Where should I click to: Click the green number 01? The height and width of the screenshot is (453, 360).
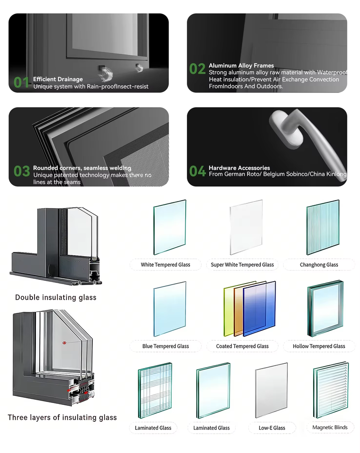point(21,82)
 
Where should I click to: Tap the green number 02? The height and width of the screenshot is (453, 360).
point(197,69)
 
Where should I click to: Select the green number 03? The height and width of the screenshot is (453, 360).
point(22,171)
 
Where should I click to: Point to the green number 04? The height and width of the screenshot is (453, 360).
point(197,171)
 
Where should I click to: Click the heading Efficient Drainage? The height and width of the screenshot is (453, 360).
point(58,79)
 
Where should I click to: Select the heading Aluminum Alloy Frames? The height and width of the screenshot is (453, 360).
point(241,66)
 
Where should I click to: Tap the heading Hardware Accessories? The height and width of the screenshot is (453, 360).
point(239,168)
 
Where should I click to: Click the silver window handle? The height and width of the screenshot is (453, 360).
point(306,139)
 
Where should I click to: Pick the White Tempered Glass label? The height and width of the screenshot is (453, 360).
point(166,265)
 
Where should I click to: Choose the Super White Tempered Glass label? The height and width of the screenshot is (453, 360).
point(242,265)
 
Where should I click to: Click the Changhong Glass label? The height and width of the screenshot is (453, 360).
point(319,265)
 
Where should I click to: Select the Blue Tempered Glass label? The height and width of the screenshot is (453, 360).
point(166,346)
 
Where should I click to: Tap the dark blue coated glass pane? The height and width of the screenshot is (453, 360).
point(260,309)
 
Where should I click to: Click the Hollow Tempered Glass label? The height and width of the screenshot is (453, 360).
point(319,346)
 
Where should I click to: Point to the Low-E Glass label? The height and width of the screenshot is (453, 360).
point(272,428)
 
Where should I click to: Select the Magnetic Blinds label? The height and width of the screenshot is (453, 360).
point(330,428)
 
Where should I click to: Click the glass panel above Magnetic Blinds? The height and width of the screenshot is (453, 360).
point(331,390)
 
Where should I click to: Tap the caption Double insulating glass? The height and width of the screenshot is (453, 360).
point(56,297)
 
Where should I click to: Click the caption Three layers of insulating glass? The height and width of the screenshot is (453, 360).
point(62,418)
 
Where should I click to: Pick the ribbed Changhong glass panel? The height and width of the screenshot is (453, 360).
point(323,227)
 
